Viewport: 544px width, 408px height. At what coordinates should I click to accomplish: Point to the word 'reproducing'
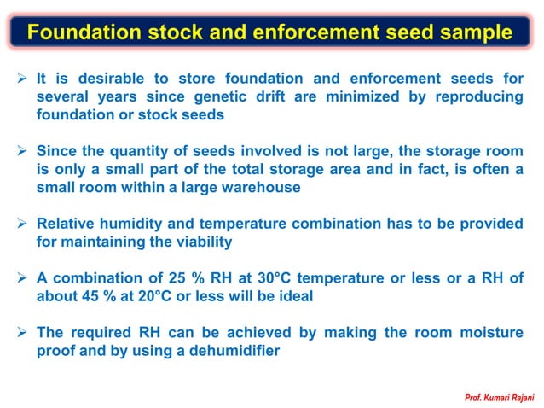(x=479, y=96)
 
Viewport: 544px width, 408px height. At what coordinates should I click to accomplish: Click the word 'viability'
(x=200, y=242)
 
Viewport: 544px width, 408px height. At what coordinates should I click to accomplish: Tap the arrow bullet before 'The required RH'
(x=24, y=332)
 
